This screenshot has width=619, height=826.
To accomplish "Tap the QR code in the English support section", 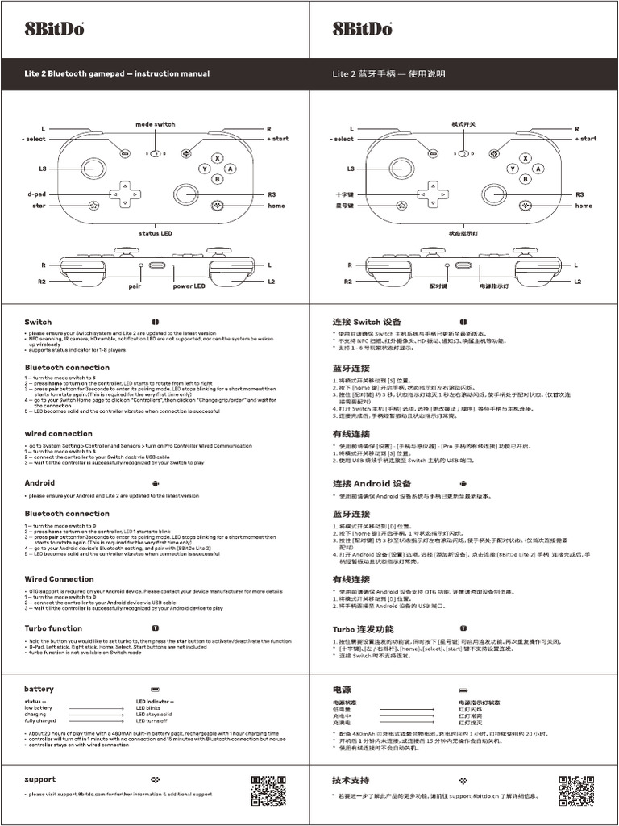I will (x=268, y=791).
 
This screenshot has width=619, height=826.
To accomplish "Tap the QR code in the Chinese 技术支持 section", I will (x=576, y=791).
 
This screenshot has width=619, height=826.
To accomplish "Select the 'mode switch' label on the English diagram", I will (x=156, y=124).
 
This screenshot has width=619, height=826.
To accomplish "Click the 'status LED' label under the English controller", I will (x=156, y=233).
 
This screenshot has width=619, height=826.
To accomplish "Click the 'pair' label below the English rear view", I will (x=135, y=286).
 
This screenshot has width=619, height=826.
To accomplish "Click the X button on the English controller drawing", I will (x=217, y=159).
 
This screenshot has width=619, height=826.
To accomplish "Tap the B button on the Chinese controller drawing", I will (x=526, y=179).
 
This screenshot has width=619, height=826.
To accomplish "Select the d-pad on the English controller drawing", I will (x=124, y=194).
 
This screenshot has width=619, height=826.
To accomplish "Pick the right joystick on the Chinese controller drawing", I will (x=494, y=194).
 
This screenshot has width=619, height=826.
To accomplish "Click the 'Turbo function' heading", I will (x=53, y=628).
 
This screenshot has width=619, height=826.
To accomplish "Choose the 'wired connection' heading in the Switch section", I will (x=58, y=433).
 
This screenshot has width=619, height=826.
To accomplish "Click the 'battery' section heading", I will (x=39, y=689).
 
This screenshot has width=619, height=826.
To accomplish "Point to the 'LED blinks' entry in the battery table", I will (x=153, y=707).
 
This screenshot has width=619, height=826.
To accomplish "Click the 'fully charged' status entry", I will (x=41, y=720).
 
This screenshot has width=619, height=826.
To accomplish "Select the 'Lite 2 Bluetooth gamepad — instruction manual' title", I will (x=117, y=73).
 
